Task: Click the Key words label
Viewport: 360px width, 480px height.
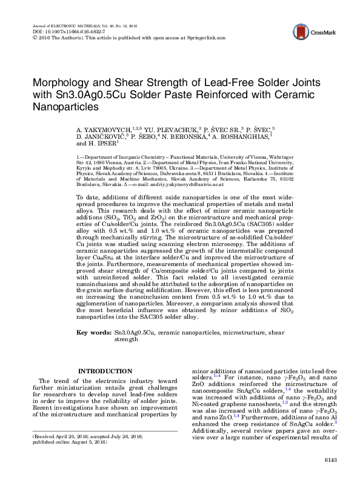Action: pos(93,333)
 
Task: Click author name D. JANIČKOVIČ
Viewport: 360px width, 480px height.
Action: pos(101,138)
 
